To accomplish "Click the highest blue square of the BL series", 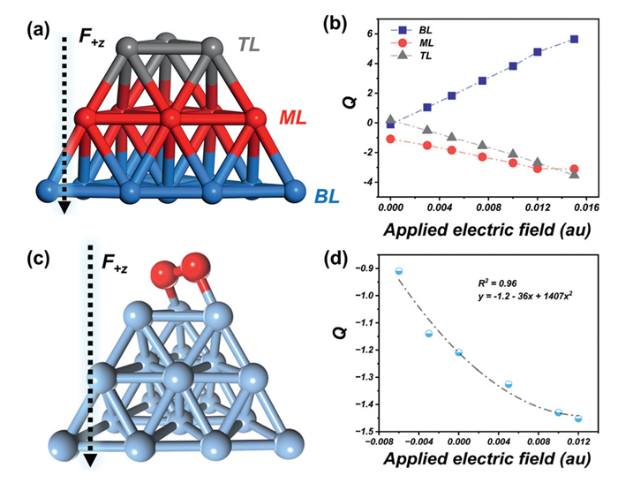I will pos(574,39).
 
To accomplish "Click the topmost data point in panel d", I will pos(399,271).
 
